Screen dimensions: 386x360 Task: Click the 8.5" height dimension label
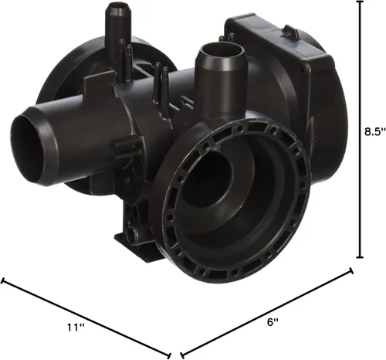point(375,131)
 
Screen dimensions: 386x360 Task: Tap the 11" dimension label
point(76,328)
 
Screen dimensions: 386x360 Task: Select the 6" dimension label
point(273,322)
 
